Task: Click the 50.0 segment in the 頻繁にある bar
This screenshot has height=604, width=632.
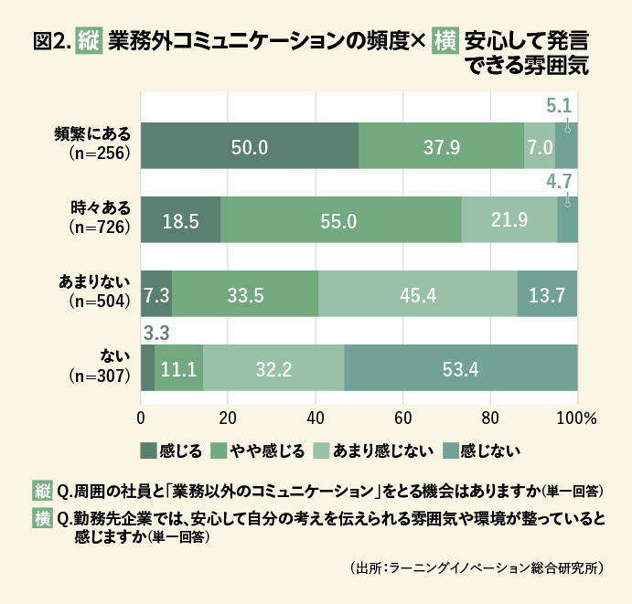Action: click(249, 146)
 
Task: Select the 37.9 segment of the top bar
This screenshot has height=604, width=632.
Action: click(441, 146)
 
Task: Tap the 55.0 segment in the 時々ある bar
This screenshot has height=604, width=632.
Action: click(340, 220)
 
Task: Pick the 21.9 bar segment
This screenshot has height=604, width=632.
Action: click(509, 220)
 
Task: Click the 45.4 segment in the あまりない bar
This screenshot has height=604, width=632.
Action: click(418, 294)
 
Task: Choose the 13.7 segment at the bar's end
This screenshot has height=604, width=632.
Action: click(547, 294)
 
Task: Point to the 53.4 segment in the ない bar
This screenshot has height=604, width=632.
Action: click(461, 368)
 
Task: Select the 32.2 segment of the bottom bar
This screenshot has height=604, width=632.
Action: click(273, 368)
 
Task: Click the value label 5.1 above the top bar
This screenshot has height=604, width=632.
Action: click(559, 105)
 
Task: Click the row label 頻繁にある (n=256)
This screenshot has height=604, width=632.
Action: click(94, 146)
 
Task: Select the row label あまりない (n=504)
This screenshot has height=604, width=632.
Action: click(94, 294)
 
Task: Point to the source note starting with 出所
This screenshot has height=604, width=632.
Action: click(477, 567)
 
